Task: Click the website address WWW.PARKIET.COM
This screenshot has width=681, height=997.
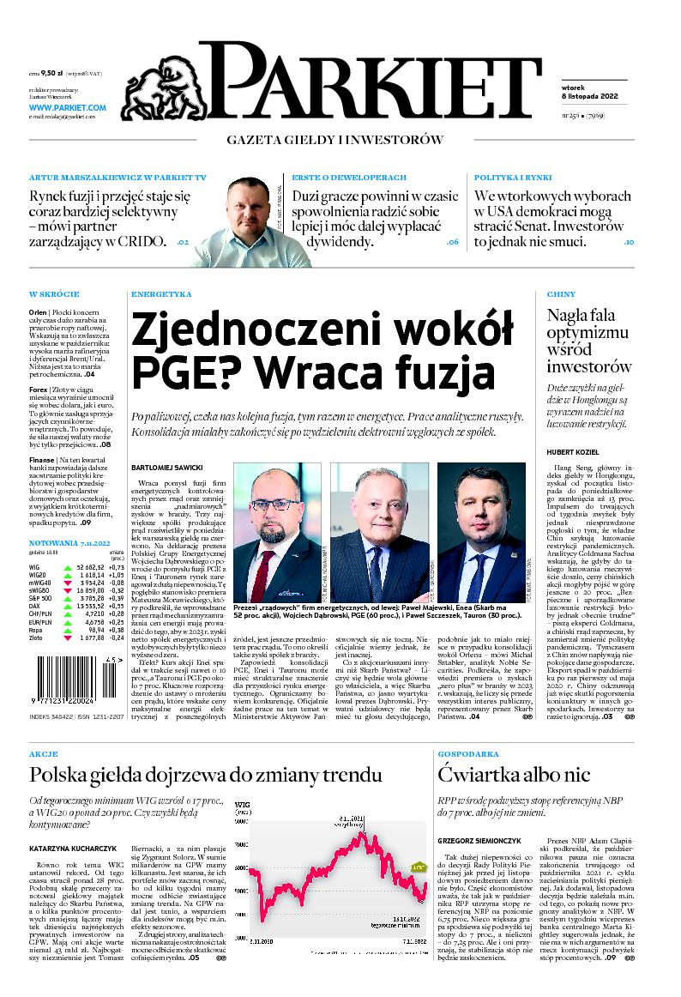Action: coord(67,107)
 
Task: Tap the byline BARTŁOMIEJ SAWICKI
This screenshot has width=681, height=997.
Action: coord(166,468)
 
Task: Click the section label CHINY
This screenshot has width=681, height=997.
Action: coord(560,294)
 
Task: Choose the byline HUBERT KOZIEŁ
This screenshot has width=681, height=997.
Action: coord(572,452)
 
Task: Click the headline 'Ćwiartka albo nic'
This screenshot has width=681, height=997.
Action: coord(513,775)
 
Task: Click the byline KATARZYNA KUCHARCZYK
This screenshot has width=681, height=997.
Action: coord(74,848)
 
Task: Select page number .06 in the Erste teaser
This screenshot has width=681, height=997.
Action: coord(453,243)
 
